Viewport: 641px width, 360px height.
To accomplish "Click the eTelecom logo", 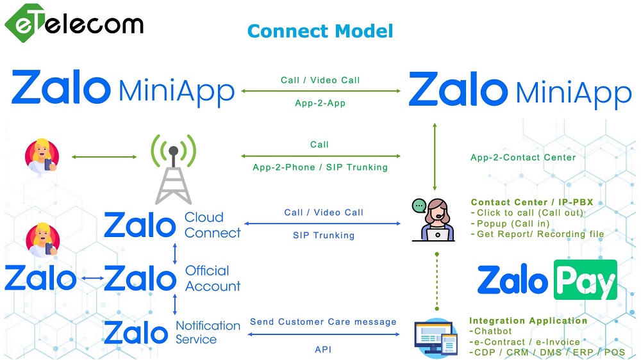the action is tap(74, 23).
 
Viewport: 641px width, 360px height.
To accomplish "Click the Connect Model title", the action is tap(320, 31).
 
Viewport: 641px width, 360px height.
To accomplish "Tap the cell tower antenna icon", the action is tap(173, 169).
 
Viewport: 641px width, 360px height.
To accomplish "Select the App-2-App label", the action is tap(320, 103).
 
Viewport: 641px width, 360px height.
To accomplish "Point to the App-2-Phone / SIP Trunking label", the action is tap(320, 167).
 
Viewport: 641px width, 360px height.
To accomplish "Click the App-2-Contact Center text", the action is tap(523, 158).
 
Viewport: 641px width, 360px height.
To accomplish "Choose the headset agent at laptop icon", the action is tap(434, 220).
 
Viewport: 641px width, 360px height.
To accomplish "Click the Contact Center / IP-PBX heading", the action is tap(532, 202).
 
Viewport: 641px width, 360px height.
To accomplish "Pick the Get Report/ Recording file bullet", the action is tap(538, 234).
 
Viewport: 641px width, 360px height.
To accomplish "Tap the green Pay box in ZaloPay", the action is tap(585, 280).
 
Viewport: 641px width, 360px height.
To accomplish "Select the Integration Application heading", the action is tap(528, 321).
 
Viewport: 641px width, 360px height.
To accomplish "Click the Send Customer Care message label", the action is tap(323, 322).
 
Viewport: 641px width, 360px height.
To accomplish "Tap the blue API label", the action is tap(323, 349).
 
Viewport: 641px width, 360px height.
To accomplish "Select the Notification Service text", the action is tap(208, 332).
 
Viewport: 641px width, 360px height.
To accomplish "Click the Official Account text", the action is tap(213, 278).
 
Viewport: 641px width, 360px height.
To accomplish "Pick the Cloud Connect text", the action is tap(213, 225).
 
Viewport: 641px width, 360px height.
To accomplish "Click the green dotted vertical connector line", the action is tap(437, 282).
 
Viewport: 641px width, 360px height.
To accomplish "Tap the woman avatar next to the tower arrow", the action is tap(42, 156).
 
